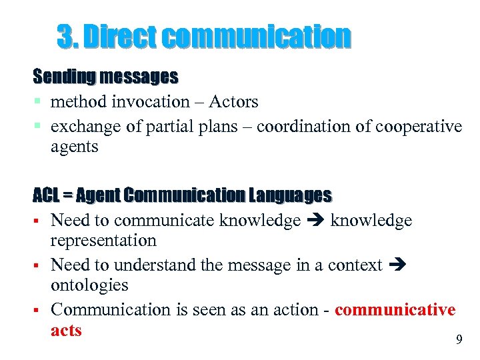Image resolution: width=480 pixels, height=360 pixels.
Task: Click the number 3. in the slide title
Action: [x=67, y=37]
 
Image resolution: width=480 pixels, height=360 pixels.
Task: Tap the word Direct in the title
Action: [x=118, y=37]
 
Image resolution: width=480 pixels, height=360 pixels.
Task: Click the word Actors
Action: [x=233, y=101]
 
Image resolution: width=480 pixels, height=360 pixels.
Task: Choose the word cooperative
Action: [x=419, y=127]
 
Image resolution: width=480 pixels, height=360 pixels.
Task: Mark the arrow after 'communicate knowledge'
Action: [x=315, y=221]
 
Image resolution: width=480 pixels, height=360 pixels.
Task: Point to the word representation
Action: [x=103, y=240]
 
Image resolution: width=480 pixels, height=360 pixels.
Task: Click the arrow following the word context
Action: [x=395, y=265]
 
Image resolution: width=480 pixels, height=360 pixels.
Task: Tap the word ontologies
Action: [x=89, y=285]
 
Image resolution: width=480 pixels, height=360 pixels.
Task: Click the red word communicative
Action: [x=395, y=310]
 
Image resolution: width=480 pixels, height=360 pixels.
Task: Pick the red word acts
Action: [x=66, y=330]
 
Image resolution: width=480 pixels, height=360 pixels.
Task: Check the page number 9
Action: [x=459, y=340]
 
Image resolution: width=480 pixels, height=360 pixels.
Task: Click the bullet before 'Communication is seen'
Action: [x=41, y=311]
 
